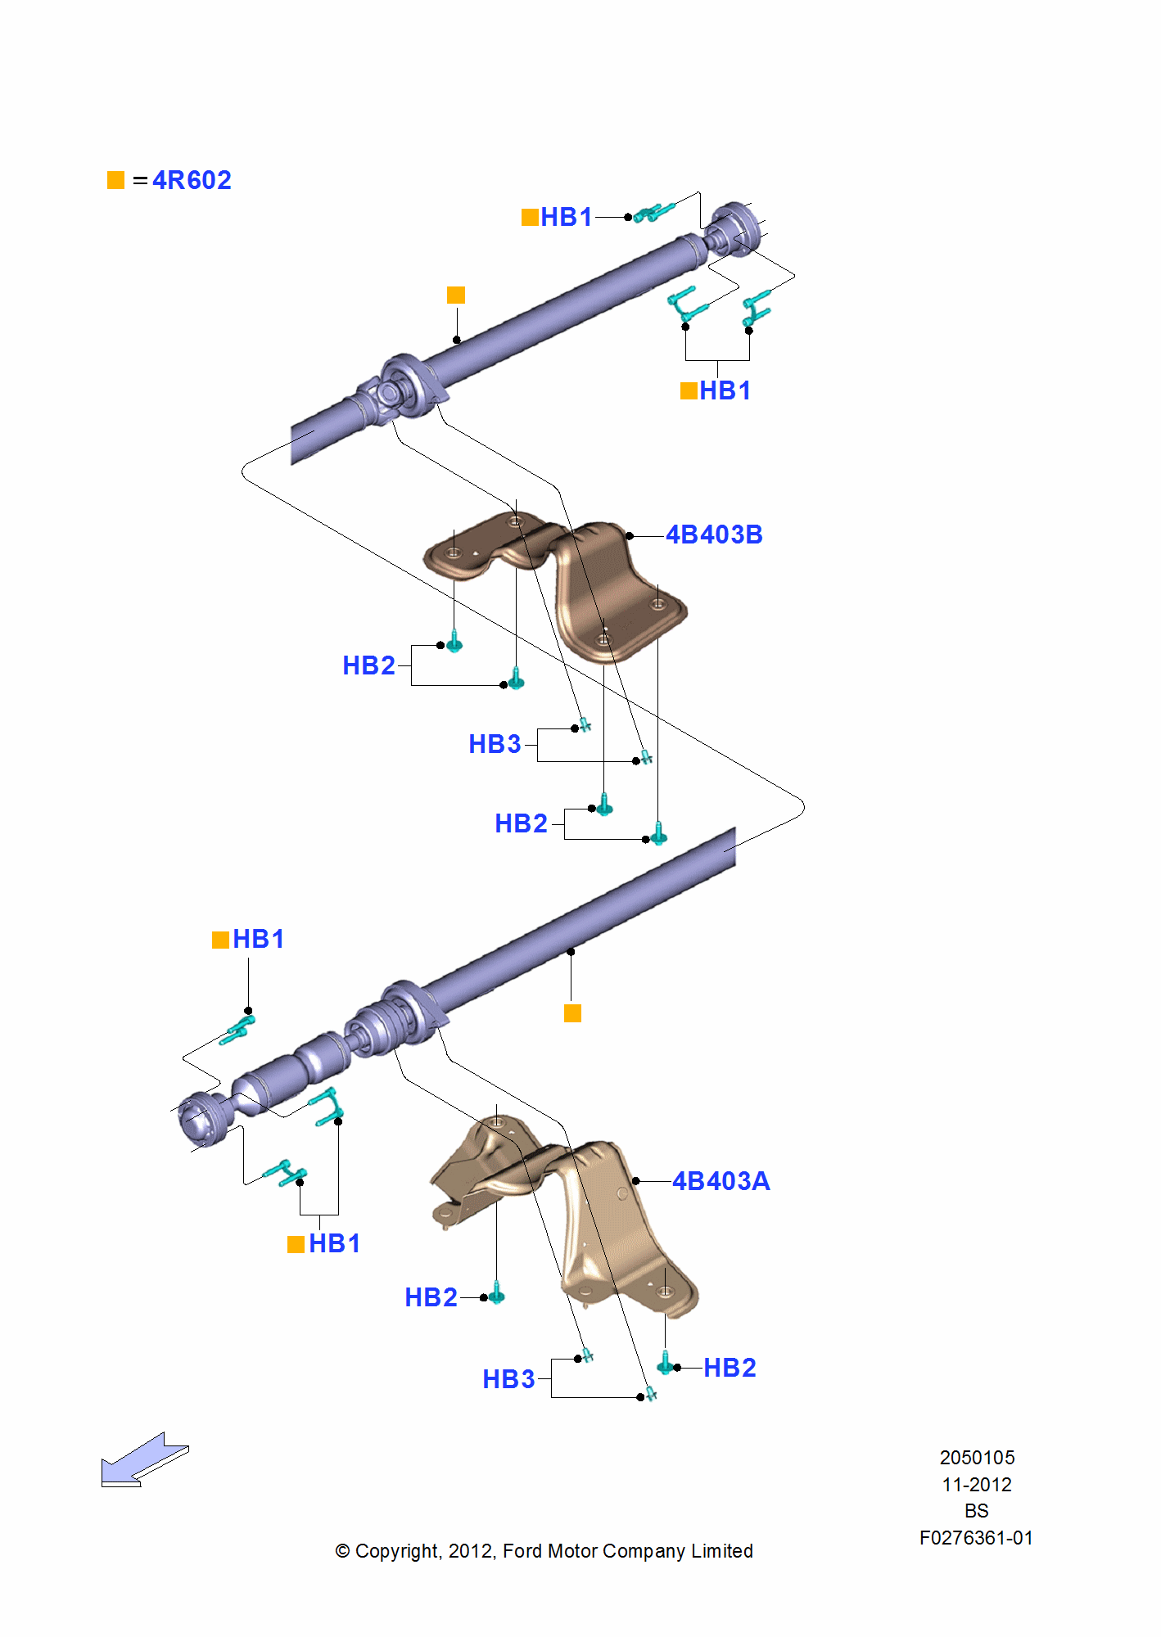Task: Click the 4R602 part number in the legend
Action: coord(192,180)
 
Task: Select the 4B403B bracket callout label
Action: coord(714,534)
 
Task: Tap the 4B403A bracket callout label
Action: coord(721,1181)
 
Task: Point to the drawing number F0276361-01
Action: coord(976,1538)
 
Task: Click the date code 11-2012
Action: coord(977,1485)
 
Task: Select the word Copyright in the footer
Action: coord(397,1551)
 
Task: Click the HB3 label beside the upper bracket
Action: coord(495,744)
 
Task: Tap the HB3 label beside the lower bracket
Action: coord(508,1379)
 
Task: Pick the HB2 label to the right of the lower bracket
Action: coord(730,1368)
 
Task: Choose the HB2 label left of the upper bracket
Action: coord(368,665)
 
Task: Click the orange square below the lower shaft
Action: coord(573,1013)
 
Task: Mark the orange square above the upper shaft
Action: coord(456,295)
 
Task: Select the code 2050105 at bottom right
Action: coord(977,1458)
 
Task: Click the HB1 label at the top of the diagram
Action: coord(566,217)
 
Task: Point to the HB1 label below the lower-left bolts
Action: coord(334,1243)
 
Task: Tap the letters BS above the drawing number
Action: coord(976,1511)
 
